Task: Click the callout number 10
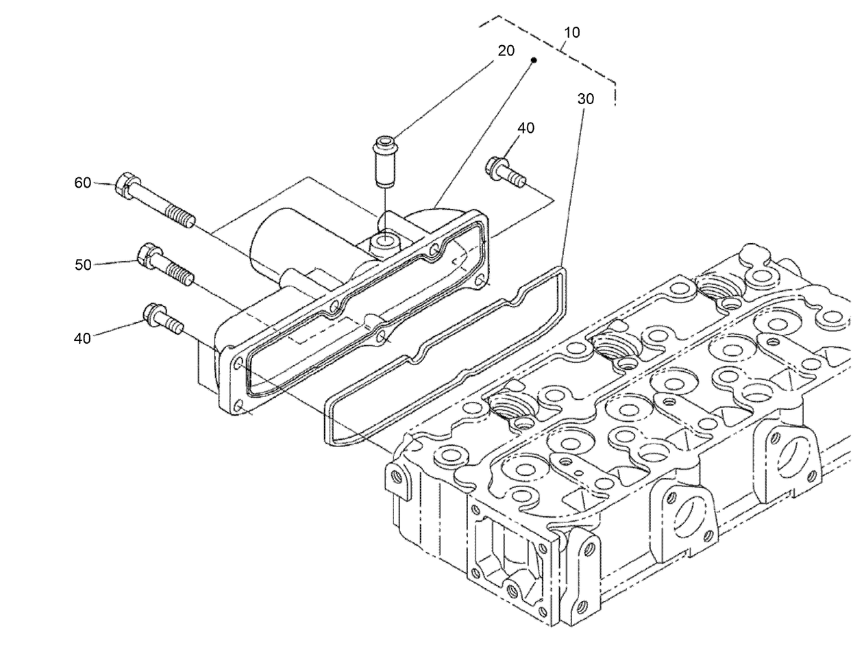click(x=571, y=32)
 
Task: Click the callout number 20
click(x=506, y=51)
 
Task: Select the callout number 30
click(x=585, y=99)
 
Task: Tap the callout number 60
click(x=82, y=183)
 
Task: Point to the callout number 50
click(x=83, y=264)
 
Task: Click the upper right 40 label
click(x=526, y=128)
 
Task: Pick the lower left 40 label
click(x=82, y=338)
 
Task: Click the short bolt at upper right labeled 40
click(x=506, y=171)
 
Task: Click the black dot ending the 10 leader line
click(x=534, y=60)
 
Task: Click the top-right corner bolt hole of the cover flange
click(x=480, y=279)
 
